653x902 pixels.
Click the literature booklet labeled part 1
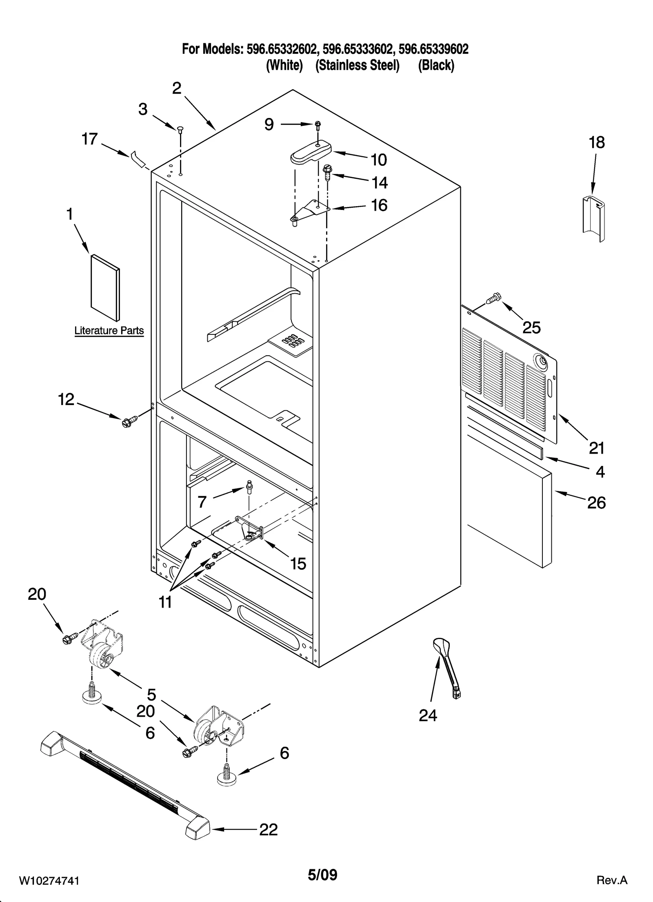click(x=105, y=287)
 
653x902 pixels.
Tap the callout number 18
click(x=596, y=143)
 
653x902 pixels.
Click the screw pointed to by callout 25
click(x=493, y=298)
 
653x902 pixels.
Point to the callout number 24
click(x=428, y=715)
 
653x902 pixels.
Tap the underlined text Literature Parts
click(x=109, y=331)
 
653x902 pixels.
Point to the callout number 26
click(x=596, y=503)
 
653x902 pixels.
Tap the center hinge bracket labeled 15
click(x=250, y=531)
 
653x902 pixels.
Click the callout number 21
click(x=596, y=448)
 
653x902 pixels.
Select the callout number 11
click(x=165, y=602)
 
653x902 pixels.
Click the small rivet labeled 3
click(x=180, y=129)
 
